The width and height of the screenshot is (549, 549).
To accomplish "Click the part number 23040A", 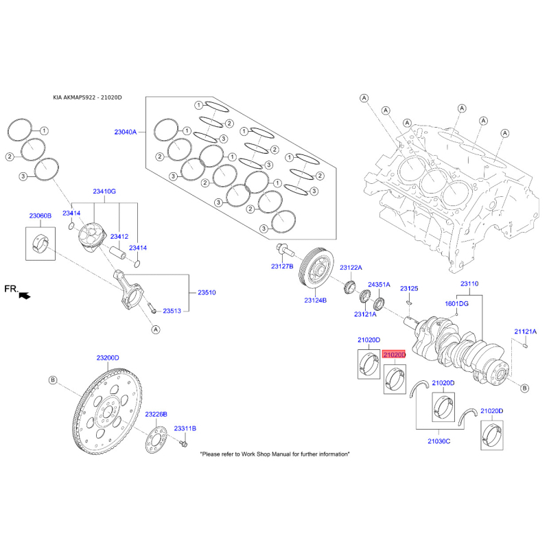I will [126, 131].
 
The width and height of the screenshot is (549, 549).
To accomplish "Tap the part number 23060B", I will [40, 216].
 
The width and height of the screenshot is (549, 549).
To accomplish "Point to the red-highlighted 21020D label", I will [395, 355].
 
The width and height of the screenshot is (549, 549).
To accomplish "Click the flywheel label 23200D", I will [108, 358].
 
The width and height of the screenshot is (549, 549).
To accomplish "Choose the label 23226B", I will [156, 414].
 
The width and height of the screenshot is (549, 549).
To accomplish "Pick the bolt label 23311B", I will [185, 428].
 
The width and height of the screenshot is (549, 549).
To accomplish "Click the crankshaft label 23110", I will [469, 283].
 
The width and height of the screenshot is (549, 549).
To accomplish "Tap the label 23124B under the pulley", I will [315, 300].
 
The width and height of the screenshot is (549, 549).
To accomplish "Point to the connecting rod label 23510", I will [207, 293].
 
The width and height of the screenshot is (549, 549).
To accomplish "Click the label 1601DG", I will [456, 303].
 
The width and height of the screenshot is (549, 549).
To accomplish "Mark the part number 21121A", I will [525, 331].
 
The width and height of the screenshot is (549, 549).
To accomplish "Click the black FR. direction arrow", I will [25, 296].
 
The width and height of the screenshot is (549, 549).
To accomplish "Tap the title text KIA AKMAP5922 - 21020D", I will [87, 97].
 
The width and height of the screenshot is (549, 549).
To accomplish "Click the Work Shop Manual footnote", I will [274, 454].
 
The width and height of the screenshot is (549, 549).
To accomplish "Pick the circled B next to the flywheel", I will [52, 379].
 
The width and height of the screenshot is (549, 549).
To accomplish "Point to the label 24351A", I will [379, 284].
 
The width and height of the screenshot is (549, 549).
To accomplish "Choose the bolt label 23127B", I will [282, 266].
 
